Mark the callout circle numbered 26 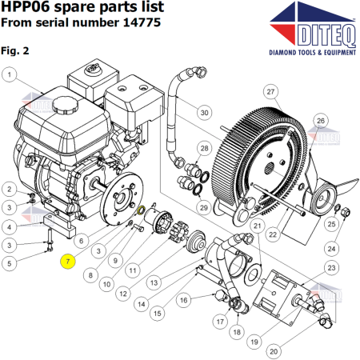coord(320,121)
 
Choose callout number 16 coord(183,300)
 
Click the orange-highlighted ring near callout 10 coord(142,211)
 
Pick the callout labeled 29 coord(203,207)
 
